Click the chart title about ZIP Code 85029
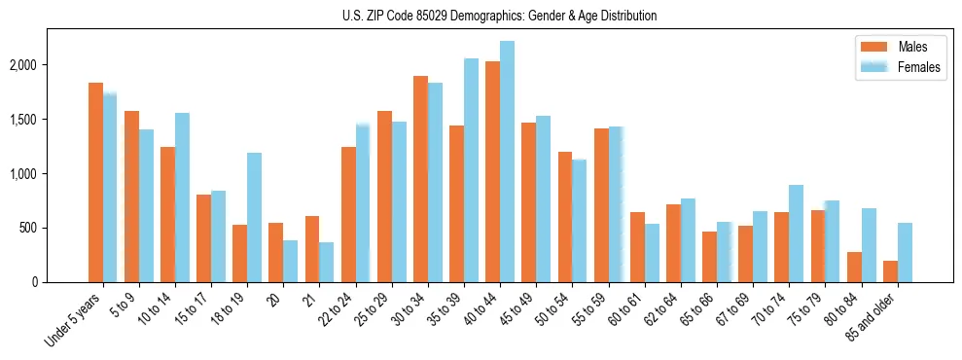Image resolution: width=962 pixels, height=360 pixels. pyautogui.click(x=500, y=16)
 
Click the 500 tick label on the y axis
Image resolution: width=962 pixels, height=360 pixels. pyautogui.click(x=55, y=228)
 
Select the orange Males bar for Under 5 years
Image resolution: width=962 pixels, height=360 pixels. pyautogui.click(x=95, y=183)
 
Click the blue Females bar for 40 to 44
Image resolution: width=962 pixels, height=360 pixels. pyautogui.click(x=507, y=162)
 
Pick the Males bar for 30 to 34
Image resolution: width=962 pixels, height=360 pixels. pyautogui.click(x=420, y=179)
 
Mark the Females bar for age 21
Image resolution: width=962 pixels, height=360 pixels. pyautogui.click(x=327, y=262)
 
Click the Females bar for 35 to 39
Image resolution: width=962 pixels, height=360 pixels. pyautogui.click(x=471, y=170)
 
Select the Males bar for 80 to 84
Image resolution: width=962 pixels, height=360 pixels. pyautogui.click(x=854, y=267)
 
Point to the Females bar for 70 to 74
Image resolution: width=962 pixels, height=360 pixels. pyautogui.click(x=796, y=234)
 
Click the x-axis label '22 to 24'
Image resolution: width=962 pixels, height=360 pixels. pyautogui.click(x=341, y=308)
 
